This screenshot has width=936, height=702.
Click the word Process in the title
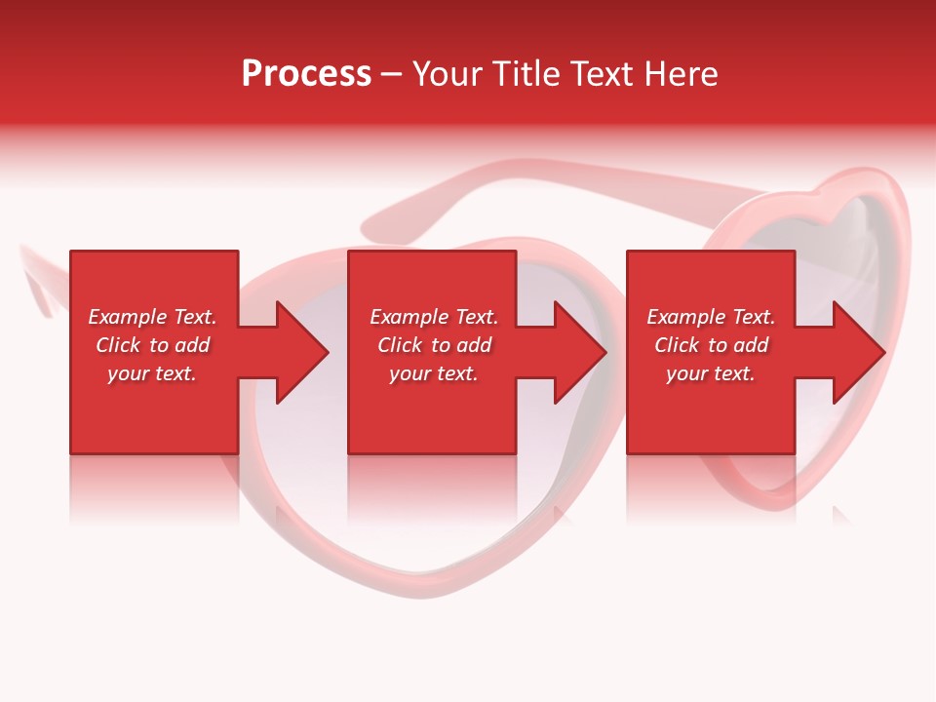tap(306, 74)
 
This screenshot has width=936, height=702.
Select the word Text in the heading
tap(602, 74)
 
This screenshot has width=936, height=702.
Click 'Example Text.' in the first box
tap(152, 317)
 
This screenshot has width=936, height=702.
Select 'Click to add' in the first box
tap(152, 345)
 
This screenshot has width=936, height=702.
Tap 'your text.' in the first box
tap(152, 373)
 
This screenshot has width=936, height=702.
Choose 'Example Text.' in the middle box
tap(434, 317)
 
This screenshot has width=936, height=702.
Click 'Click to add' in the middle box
tap(434, 345)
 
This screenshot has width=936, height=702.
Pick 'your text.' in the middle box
tap(434, 373)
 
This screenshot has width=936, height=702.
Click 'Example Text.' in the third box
tap(711, 317)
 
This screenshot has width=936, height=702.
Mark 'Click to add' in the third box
tap(711, 345)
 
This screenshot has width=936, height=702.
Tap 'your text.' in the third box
tap(711, 373)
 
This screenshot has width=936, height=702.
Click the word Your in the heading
tap(447, 74)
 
